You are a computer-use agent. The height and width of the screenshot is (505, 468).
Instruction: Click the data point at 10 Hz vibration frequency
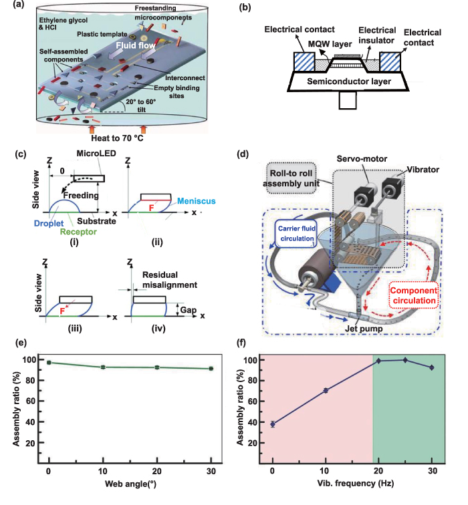[x=326, y=390]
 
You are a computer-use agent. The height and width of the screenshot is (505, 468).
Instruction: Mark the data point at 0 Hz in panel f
[x=273, y=424]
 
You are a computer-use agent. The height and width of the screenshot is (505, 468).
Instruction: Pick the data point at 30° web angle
[x=211, y=368]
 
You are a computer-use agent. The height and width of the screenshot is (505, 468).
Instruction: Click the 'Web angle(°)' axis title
[x=130, y=483]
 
